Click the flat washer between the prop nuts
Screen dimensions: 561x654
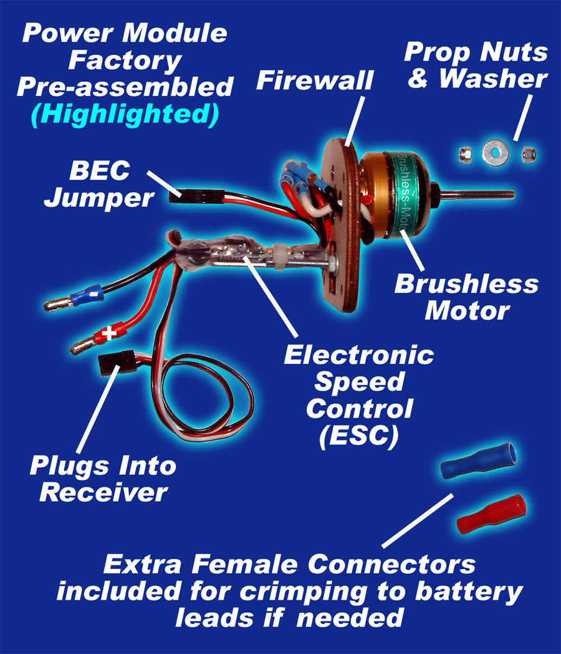[x=495, y=152]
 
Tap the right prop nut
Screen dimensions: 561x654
[x=528, y=154]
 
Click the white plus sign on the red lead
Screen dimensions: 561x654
[x=109, y=333]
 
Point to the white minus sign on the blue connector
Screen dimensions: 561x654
[x=96, y=294]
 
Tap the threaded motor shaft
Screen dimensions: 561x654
[x=475, y=194]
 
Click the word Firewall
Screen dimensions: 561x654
[x=315, y=80]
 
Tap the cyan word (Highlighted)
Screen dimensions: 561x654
[x=125, y=114]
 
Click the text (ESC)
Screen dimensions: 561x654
[x=359, y=436]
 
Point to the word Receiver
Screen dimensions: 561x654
[x=103, y=492]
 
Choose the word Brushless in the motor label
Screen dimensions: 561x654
[x=466, y=284]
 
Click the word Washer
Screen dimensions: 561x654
[x=493, y=79]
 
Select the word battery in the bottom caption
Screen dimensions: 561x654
[x=469, y=592]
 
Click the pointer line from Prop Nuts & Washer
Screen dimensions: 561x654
[x=522, y=118]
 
